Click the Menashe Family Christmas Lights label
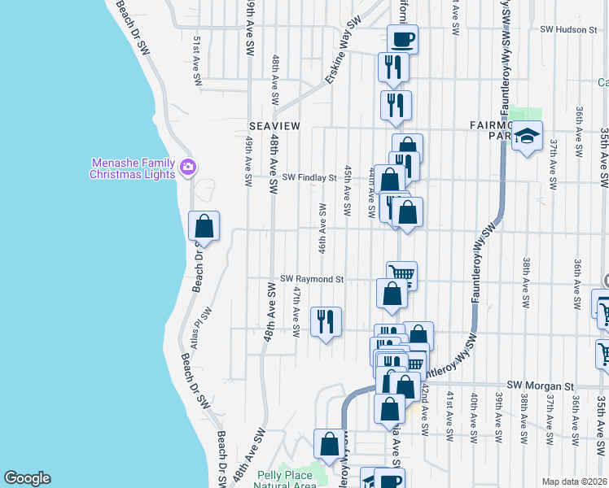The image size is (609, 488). click(132, 168)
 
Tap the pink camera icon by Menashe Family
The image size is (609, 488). click(189, 168)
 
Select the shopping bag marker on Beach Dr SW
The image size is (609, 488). click(204, 225)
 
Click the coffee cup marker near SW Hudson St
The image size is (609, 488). click(402, 37)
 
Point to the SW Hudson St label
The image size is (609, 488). click(569, 28)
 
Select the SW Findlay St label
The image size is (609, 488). click(309, 176)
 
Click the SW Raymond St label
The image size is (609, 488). click(313, 279)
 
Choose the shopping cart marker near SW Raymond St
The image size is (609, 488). click(401, 275)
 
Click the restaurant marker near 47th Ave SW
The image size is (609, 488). click(326, 321)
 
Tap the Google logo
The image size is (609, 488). click(27, 478)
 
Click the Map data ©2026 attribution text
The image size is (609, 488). click(574, 481)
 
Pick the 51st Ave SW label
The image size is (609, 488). click(197, 60)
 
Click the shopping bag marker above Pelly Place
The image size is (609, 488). click(330, 444)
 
